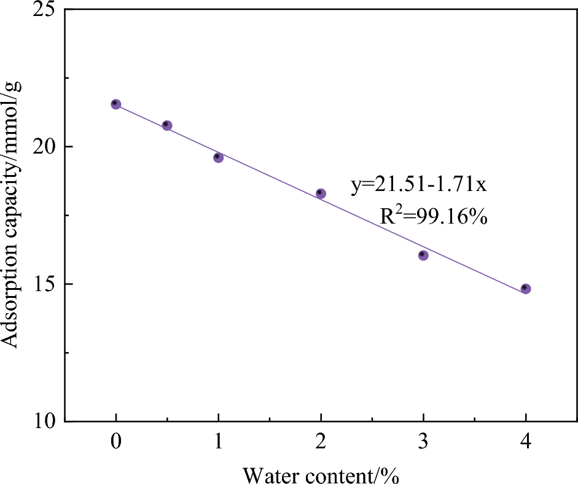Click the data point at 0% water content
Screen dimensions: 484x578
115,104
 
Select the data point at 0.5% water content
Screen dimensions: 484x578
167,125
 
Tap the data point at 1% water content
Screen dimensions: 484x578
218,158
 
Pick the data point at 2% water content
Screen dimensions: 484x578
321,193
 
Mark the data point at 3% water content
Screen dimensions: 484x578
423,255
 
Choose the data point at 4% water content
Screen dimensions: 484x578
526,289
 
